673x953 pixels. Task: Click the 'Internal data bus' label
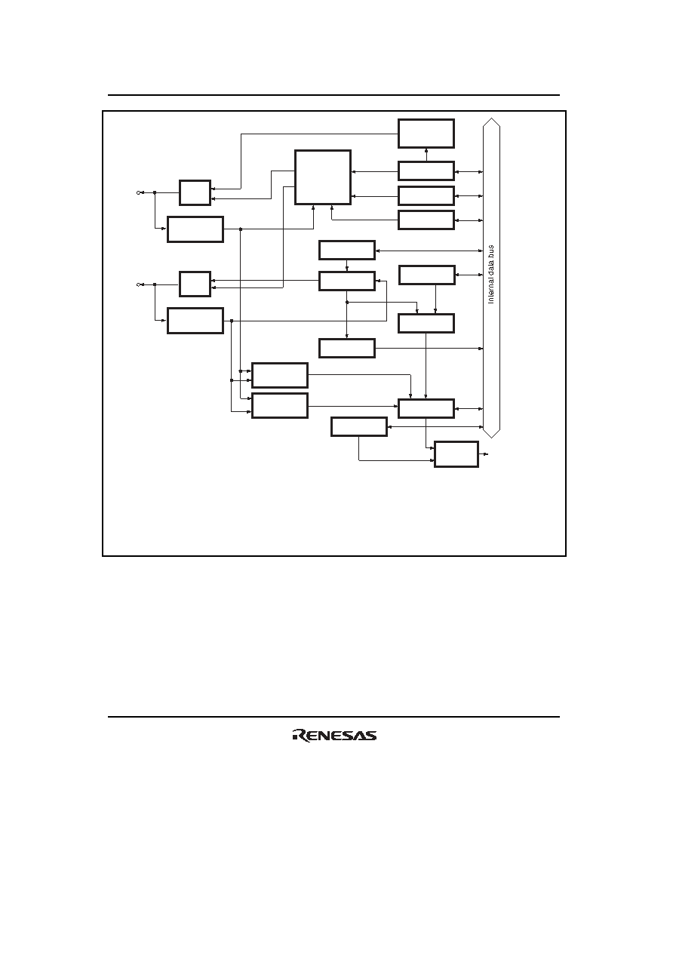click(x=491, y=275)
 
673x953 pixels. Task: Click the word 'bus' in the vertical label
click(x=491, y=251)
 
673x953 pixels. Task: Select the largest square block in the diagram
click(x=323, y=177)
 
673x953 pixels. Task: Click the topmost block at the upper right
click(x=426, y=134)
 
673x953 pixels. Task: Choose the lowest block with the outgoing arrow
click(x=456, y=454)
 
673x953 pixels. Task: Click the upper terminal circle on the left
click(x=138, y=192)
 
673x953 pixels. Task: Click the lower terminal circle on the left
click(x=138, y=284)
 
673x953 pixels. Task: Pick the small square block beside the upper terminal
click(x=195, y=192)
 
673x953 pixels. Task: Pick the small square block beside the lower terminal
click(x=195, y=284)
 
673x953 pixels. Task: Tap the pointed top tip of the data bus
click(x=491, y=118)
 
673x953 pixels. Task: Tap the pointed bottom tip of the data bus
click(x=491, y=438)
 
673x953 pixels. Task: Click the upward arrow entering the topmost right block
click(x=426, y=155)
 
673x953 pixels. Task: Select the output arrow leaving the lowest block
click(x=484, y=454)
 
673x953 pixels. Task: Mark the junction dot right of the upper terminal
click(x=155, y=192)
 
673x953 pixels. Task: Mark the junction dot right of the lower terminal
click(x=155, y=284)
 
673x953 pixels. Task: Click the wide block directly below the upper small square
click(x=195, y=229)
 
